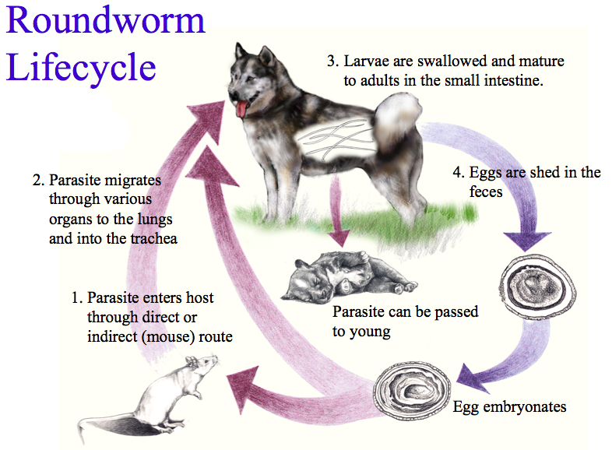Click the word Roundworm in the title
pyautogui.click(x=106, y=21)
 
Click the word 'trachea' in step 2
pyautogui.click(x=153, y=239)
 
